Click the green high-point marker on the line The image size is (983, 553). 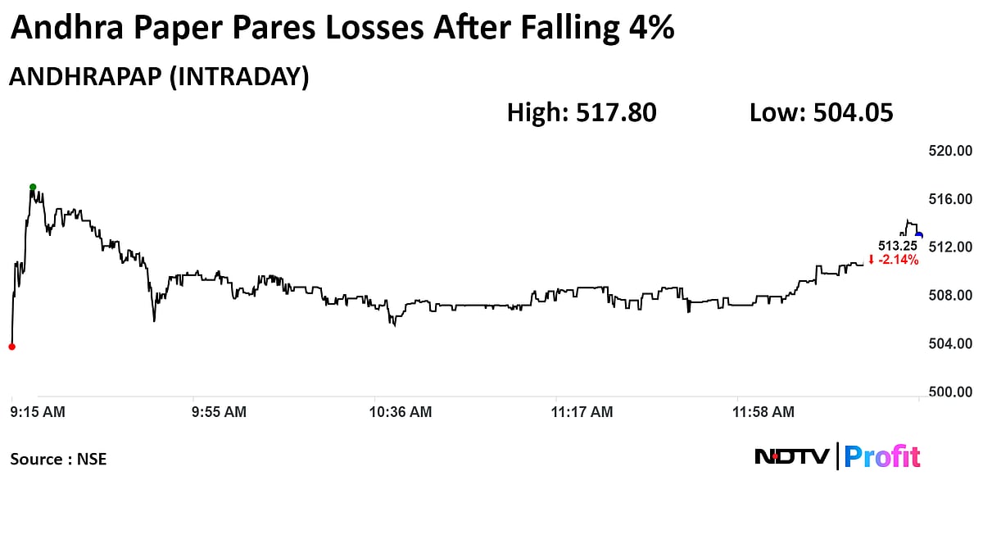[x=33, y=187]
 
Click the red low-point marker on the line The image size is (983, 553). [x=11, y=347]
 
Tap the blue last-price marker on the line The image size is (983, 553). [x=919, y=235]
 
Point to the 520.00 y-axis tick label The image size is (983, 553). [x=949, y=151]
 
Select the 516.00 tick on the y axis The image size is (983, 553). [x=949, y=199]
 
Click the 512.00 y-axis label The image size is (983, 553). [x=949, y=247]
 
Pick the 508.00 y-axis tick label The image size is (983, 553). [x=949, y=296]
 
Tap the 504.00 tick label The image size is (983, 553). [x=949, y=344]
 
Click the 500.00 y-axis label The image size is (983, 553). [x=949, y=392]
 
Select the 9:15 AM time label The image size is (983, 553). [x=38, y=412]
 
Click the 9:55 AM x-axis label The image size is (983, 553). [x=219, y=412]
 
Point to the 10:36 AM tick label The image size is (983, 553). [x=401, y=412]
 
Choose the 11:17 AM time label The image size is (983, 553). [x=582, y=412]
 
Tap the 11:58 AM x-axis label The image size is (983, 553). [x=763, y=412]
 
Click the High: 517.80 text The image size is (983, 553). [x=582, y=112]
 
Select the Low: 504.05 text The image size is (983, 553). [x=821, y=112]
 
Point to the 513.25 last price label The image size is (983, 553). [x=897, y=246]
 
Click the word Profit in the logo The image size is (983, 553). [x=881, y=456]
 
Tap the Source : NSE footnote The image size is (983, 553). [x=58, y=459]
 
